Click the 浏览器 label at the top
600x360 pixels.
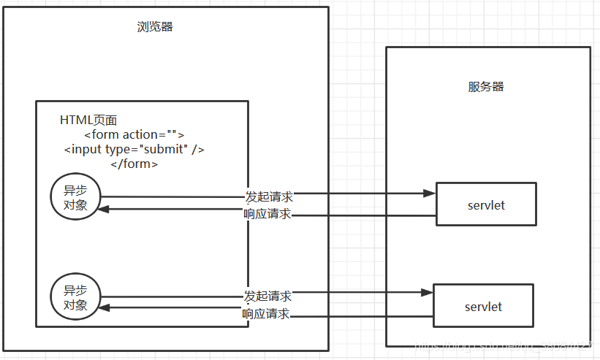tap(155, 27)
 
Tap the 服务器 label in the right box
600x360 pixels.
tap(486, 86)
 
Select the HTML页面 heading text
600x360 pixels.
tap(88, 120)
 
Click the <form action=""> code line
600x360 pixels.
tap(134, 134)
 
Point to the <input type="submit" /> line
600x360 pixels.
tap(134, 149)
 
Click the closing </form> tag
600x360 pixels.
tap(134, 164)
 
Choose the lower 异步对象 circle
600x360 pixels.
tap(75, 298)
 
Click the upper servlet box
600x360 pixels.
tap(486, 204)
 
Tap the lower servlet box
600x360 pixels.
tap(483, 306)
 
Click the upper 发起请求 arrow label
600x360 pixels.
tap(269, 196)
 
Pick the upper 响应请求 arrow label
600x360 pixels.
tap(267, 214)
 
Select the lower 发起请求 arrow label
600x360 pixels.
tap(267, 296)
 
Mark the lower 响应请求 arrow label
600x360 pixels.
tap(266, 314)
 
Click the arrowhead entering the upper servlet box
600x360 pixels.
tap(430, 194)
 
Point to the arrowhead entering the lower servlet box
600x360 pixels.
tap(427, 292)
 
